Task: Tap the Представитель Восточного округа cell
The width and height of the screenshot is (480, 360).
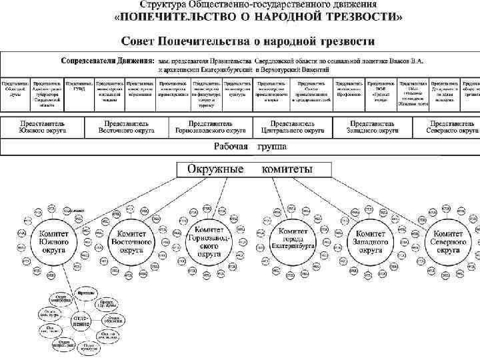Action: coord(127,127)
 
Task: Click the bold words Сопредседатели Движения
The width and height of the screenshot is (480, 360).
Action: coord(107,60)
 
